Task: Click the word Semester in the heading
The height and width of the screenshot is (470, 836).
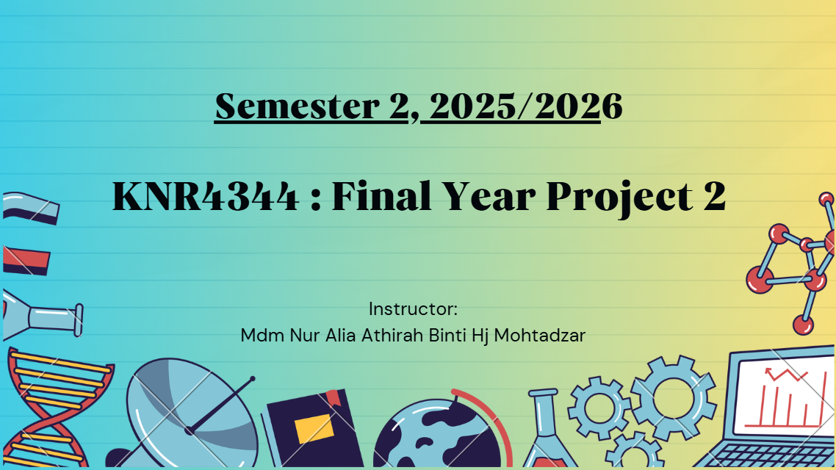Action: tap(297, 106)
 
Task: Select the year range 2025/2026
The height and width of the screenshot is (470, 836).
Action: tap(526, 106)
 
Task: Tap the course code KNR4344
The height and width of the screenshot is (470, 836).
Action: tap(205, 197)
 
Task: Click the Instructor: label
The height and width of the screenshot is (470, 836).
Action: tap(413, 309)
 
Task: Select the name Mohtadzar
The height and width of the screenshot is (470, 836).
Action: tap(539, 335)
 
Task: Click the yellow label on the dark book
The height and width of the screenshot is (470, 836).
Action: tap(314, 428)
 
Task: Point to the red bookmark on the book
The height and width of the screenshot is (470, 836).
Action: tap(334, 397)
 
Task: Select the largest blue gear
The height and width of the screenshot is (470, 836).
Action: tap(674, 398)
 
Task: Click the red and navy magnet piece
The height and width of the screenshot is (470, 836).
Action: tap(26, 261)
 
